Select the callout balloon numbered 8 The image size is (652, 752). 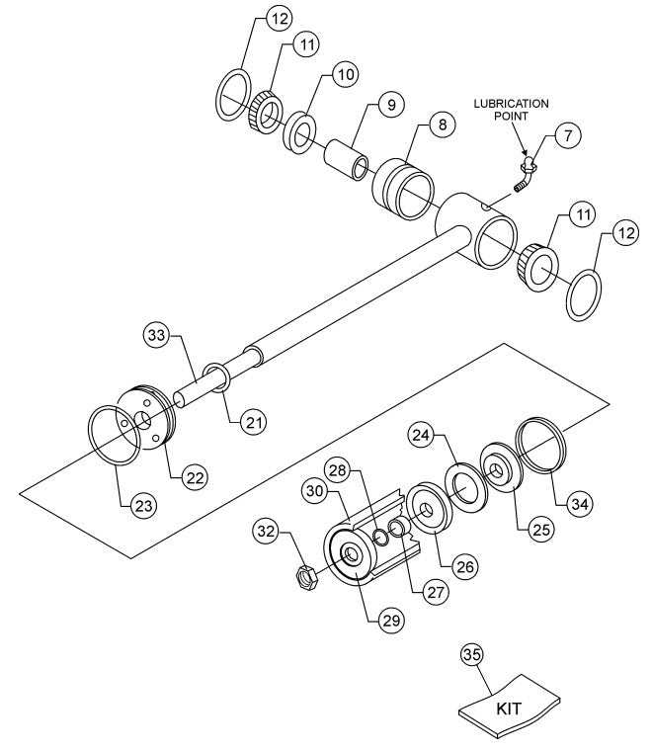coord(442,125)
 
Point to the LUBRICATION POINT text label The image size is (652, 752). coord(512,110)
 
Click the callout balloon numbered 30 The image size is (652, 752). coord(316,490)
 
